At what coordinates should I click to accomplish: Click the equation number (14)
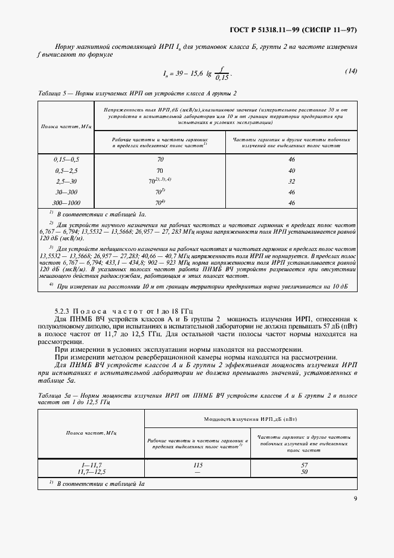(x=350, y=72)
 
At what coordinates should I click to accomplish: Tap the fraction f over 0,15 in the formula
(x=222, y=73)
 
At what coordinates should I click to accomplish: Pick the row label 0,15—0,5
(x=66, y=160)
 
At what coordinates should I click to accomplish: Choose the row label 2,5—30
(x=66, y=181)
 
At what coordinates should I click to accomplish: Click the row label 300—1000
(x=66, y=203)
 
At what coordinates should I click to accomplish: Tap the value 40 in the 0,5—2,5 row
(x=291, y=170)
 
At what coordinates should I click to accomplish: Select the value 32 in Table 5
(x=291, y=181)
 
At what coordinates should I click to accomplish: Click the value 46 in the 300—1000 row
(x=291, y=203)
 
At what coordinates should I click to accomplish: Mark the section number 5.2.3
(x=64, y=311)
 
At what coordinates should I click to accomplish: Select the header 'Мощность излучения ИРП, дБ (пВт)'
(x=250, y=420)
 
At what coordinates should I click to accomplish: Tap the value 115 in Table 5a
(x=198, y=464)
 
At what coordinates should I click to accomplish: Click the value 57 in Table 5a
(x=304, y=464)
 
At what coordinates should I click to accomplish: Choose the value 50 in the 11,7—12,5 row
(x=304, y=472)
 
